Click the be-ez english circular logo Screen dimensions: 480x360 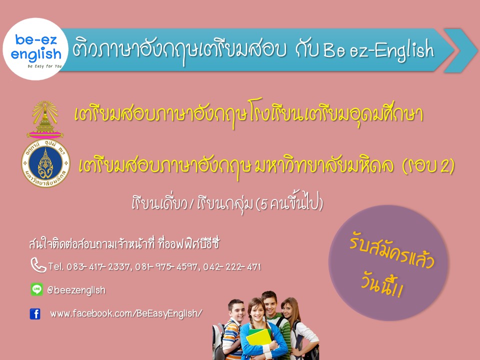tap(35, 49)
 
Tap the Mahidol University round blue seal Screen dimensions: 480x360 tap(45, 163)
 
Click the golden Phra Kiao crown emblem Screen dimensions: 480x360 tap(45, 119)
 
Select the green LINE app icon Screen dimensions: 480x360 tap(36, 289)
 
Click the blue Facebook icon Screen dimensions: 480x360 tap(35, 314)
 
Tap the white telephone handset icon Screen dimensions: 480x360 tap(38, 265)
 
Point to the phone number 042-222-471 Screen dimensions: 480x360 tap(232, 267)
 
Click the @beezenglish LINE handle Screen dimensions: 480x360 tap(76, 290)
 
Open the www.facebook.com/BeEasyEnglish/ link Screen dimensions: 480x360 tap(126, 313)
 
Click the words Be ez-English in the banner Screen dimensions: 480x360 tap(378, 50)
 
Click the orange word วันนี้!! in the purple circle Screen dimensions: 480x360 tap(381, 285)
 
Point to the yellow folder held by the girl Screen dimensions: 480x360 tap(258, 340)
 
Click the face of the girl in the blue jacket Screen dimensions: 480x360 tap(257, 311)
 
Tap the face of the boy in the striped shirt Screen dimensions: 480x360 tap(236, 312)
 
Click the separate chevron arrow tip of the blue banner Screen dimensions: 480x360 tap(460, 50)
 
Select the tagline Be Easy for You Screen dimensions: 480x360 tap(44, 66)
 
